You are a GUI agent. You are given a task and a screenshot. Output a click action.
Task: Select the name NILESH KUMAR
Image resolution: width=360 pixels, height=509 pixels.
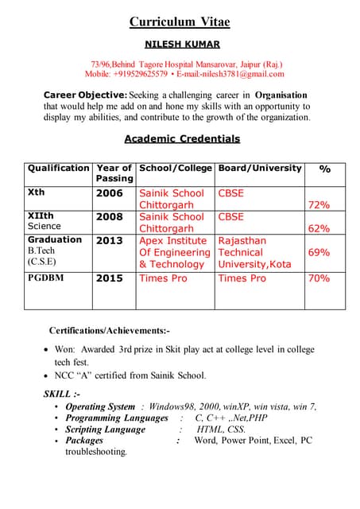coord(182,45)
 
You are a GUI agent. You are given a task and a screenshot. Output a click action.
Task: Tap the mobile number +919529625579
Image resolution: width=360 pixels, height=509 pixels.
coord(140,74)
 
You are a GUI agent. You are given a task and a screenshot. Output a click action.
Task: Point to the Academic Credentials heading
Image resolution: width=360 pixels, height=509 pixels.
coord(182,139)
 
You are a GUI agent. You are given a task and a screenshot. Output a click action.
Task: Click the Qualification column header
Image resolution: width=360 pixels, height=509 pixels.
coord(58,169)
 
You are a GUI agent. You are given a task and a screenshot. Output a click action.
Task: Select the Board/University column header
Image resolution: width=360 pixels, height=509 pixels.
coord(260,169)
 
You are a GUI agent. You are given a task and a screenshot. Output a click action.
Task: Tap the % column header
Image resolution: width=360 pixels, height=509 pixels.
coord(325,169)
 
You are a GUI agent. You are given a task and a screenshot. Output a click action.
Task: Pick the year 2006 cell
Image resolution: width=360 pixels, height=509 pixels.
coord(110,193)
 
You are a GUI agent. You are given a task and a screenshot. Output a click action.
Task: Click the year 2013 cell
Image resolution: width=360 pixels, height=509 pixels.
coord(110,240)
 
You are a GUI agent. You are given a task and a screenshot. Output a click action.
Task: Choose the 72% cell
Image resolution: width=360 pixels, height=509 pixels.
coord(319,205)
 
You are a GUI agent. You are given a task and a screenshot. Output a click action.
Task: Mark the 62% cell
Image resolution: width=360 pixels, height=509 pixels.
coord(319,229)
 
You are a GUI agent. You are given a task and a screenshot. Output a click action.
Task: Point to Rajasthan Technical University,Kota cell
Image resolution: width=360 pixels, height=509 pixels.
coord(254,252)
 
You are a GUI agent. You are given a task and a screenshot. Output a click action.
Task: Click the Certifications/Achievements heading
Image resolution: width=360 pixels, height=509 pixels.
coord(110,330)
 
